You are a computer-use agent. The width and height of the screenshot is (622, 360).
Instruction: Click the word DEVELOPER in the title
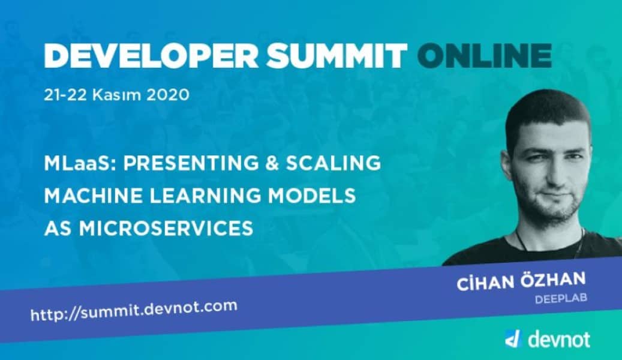pos(151,56)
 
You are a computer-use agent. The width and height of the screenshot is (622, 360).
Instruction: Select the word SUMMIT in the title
pos(336,56)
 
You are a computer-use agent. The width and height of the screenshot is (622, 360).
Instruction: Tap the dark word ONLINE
pos(484,56)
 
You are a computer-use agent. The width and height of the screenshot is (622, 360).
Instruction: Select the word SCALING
pos(333,163)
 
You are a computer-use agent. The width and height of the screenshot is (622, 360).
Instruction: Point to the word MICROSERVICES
pos(166,229)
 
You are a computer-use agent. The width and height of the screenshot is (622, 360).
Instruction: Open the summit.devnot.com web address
pos(134,310)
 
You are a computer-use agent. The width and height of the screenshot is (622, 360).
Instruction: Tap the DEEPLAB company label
pos(561,298)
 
